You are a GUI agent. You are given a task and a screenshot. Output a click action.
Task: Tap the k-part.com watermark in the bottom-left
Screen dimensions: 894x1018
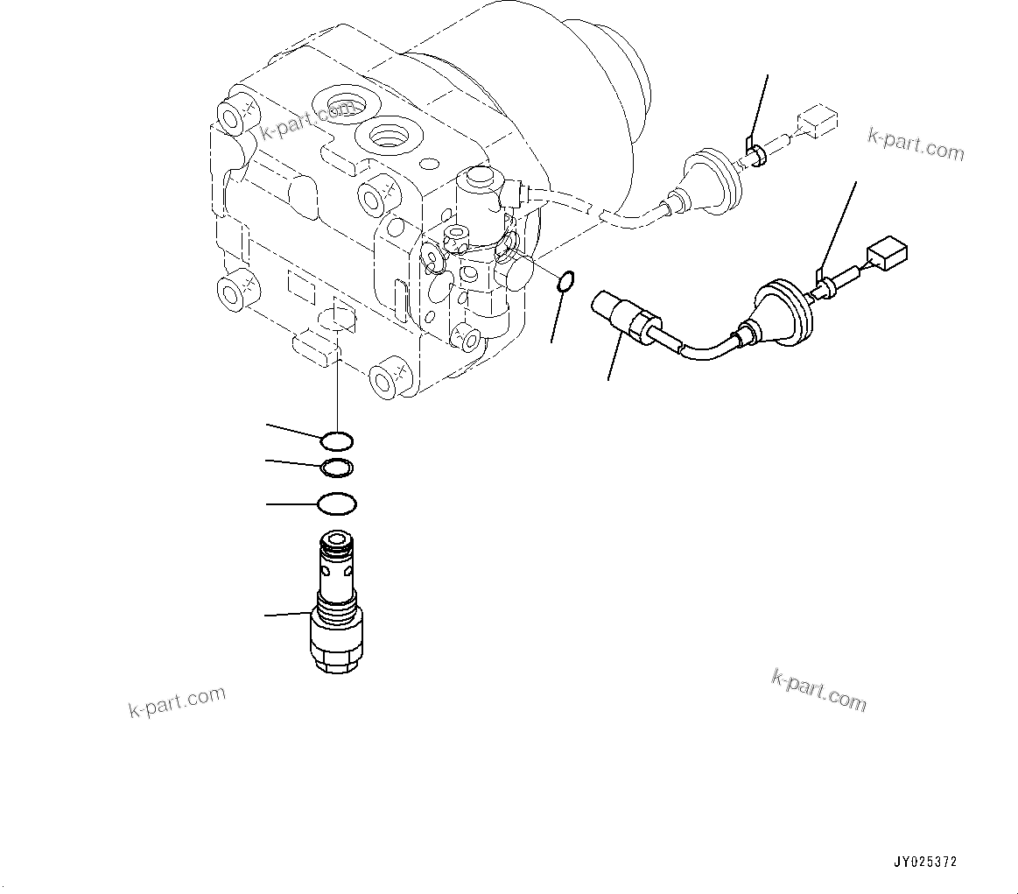click(178, 701)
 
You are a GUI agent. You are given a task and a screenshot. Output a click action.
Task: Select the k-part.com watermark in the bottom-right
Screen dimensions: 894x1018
click(818, 690)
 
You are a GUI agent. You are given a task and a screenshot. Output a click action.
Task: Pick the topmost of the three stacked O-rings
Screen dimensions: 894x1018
click(337, 440)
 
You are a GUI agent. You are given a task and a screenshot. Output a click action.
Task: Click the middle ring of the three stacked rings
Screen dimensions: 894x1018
click(337, 468)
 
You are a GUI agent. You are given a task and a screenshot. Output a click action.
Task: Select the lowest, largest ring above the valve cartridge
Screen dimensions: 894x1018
click(337, 504)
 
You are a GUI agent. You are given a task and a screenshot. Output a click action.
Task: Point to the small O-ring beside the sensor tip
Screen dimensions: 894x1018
click(565, 281)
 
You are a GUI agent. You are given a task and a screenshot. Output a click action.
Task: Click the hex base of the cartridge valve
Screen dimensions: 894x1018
click(337, 644)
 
